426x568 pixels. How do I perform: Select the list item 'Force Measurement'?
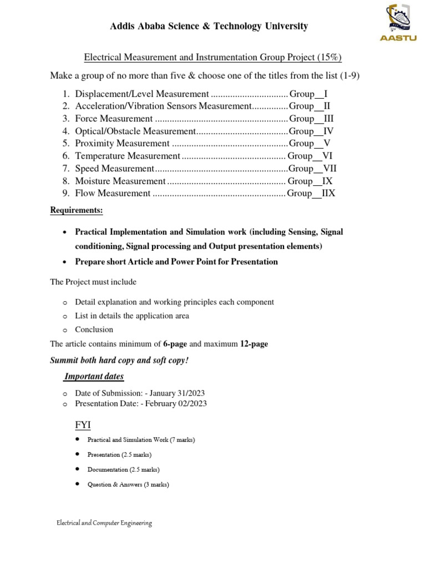point(114,119)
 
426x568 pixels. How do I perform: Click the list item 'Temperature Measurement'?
point(128,156)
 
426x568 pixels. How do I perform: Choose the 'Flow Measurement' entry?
point(113,194)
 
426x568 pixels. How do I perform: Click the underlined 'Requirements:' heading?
point(77,211)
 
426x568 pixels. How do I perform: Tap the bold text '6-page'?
point(175,344)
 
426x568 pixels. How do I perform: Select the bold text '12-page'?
point(254,344)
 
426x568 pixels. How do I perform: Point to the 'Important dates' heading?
point(94,377)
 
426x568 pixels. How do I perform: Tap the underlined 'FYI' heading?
point(83,425)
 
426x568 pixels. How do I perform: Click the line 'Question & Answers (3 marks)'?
point(128,484)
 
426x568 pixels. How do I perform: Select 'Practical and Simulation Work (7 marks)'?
point(141,439)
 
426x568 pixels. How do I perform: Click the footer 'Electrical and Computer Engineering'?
point(104,523)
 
